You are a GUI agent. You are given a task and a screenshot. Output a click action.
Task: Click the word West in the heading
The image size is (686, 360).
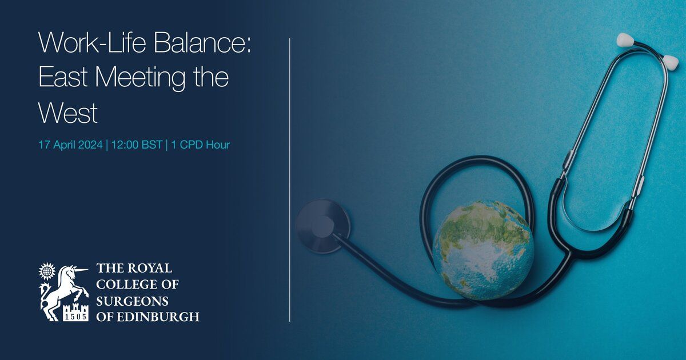(x=68, y=113)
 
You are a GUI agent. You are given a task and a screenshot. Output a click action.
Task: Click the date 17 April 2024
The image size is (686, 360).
(x=70, y=145)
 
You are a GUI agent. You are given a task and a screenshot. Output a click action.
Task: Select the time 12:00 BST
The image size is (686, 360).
(x=137, y=145)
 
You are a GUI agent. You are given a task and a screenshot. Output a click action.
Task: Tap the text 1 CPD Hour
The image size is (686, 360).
(x=200, y=145)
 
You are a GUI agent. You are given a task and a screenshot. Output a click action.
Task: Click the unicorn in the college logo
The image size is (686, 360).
(x=63, y=291)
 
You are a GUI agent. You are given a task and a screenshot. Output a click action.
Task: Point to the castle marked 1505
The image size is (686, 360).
(x=75, y=313)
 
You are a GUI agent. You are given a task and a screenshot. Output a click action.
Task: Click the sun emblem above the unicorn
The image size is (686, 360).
(x=47, y=271)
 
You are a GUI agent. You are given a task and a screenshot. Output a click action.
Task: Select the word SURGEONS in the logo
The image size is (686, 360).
(x=132, y=302)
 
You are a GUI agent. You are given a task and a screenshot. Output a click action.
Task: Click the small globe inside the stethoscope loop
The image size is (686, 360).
(x=483, y=250)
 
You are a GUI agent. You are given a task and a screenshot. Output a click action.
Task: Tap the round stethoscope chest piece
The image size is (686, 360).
(x=322, y=226)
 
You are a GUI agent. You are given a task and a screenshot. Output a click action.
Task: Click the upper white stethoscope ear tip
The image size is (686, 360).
(x=625, y=40)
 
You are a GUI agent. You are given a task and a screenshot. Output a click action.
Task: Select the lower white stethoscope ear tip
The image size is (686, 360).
(x=670, y=62)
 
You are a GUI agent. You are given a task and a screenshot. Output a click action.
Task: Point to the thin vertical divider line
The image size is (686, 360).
(x=290, y=180)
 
